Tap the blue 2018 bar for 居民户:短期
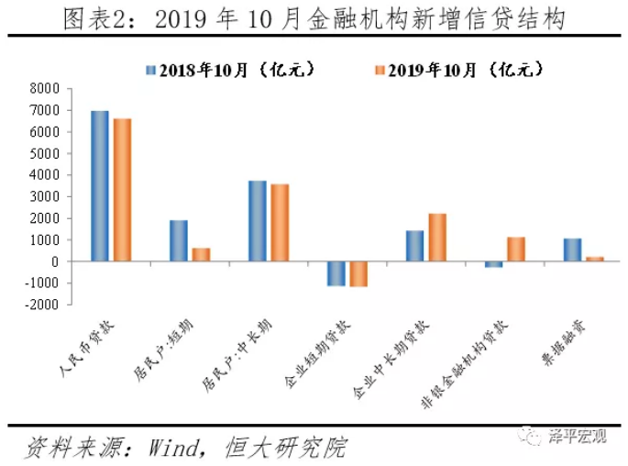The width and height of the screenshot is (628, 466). [179, 240]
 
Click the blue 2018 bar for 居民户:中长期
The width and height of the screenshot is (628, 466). [258, 221]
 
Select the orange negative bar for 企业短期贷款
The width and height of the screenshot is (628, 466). [358, 273]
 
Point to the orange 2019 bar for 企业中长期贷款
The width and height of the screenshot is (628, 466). [437, 238]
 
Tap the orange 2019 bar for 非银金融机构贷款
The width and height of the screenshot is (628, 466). [516, 250]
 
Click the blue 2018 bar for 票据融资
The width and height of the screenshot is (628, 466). [573, 250]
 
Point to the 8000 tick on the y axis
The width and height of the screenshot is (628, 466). [43, 88]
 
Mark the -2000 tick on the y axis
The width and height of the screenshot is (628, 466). [40, 305]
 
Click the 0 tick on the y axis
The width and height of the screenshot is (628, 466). [55, 261]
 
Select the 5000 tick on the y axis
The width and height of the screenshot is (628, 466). [43, 153]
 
